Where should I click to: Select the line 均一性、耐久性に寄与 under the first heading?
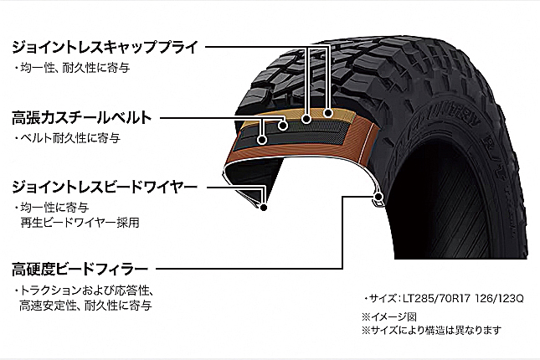74,66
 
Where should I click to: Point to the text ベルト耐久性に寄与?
69,136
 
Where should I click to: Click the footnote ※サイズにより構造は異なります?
431,330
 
